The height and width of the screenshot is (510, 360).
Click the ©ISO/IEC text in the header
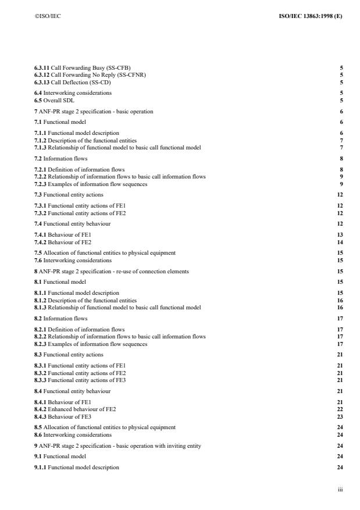(x=48, y=16)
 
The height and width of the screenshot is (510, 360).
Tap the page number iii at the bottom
(x=340, y=490)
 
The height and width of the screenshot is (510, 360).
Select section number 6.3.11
(x=42, y=68)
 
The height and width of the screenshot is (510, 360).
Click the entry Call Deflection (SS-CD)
(x=81, y=82)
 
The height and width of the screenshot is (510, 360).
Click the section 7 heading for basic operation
(x=94, y=111)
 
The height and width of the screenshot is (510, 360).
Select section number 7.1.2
(x=41, y=141)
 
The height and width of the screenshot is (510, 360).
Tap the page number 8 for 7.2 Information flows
(x=341, y=158)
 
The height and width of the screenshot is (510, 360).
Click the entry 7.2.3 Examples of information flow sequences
(x=91, y=184)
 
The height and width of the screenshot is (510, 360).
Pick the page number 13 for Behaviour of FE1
(x=340, y=235)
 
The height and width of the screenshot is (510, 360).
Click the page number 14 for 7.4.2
(x=340, y=242)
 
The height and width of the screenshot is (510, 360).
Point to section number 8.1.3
(x=41, y=307)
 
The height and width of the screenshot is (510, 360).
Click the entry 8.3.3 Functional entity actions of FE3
(x=80, y=380)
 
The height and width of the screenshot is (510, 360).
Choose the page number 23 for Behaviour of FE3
(x=340, y=416)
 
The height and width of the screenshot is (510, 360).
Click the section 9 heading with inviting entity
(x=107, y=445)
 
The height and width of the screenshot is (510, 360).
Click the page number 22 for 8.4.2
(x=340, y=409)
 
